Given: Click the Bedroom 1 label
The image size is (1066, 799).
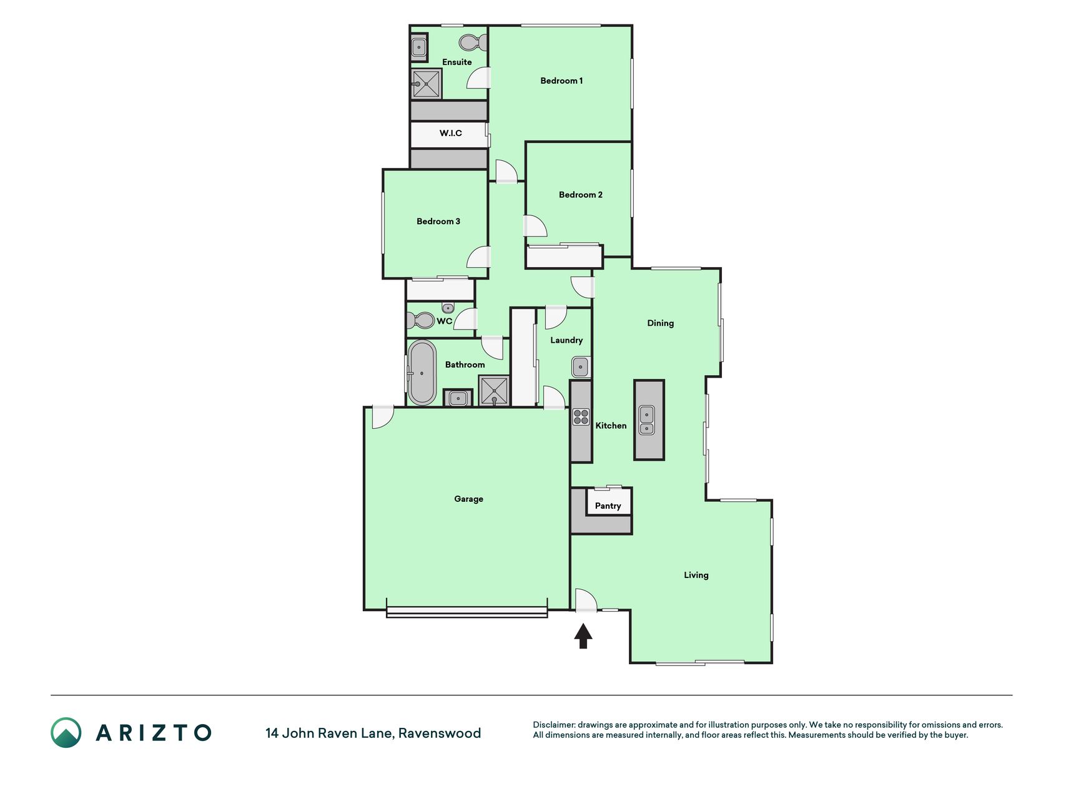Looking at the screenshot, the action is tap(561, 81).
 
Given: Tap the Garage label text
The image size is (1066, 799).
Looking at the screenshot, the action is tap(468, 499).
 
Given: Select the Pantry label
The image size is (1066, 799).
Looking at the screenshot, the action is tap(608, 506).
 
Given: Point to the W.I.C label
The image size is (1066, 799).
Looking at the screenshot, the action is tap(450, 133).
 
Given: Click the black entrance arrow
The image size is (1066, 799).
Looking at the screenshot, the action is tap(583, 636).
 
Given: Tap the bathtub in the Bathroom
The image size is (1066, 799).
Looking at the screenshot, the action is tap(422, 373).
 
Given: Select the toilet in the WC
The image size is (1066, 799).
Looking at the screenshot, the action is tap(420, 320).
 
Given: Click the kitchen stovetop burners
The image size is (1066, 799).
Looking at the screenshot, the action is tap(581, 417).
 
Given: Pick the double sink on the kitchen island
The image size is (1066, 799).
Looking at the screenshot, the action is tap(647, 420).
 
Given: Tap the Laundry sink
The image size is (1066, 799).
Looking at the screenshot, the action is tap(581, 366).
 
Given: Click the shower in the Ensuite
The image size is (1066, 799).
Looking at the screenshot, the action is tap(426, 84).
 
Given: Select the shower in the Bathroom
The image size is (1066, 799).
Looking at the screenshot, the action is tap(494, 391).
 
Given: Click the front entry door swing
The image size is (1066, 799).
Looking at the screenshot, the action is tap(586, 600).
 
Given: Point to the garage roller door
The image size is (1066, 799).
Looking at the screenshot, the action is tap(466, 612).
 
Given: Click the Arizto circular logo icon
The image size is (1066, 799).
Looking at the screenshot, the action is tap(66, 732).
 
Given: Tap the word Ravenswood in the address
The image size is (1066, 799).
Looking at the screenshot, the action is tap(440, 733).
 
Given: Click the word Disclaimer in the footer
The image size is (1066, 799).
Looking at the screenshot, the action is tap(553, 725).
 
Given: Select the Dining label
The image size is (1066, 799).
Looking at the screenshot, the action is tap(660, 323).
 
